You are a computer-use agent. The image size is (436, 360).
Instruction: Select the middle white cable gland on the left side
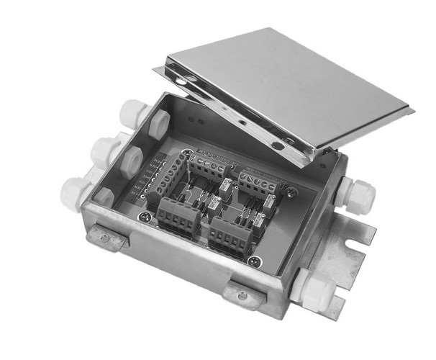pyautogui.click(x=104, y=150)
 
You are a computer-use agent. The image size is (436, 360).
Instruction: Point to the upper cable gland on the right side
pyautogui.click(x=358, y=194)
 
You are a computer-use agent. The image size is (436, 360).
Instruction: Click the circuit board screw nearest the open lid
pyautogui.click(x=291, y=192)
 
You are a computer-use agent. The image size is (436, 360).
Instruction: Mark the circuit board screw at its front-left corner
pyautogui.click(x=146, y=214)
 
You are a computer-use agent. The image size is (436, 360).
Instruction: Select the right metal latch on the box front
pyautogui.click(x=242, y=295)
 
